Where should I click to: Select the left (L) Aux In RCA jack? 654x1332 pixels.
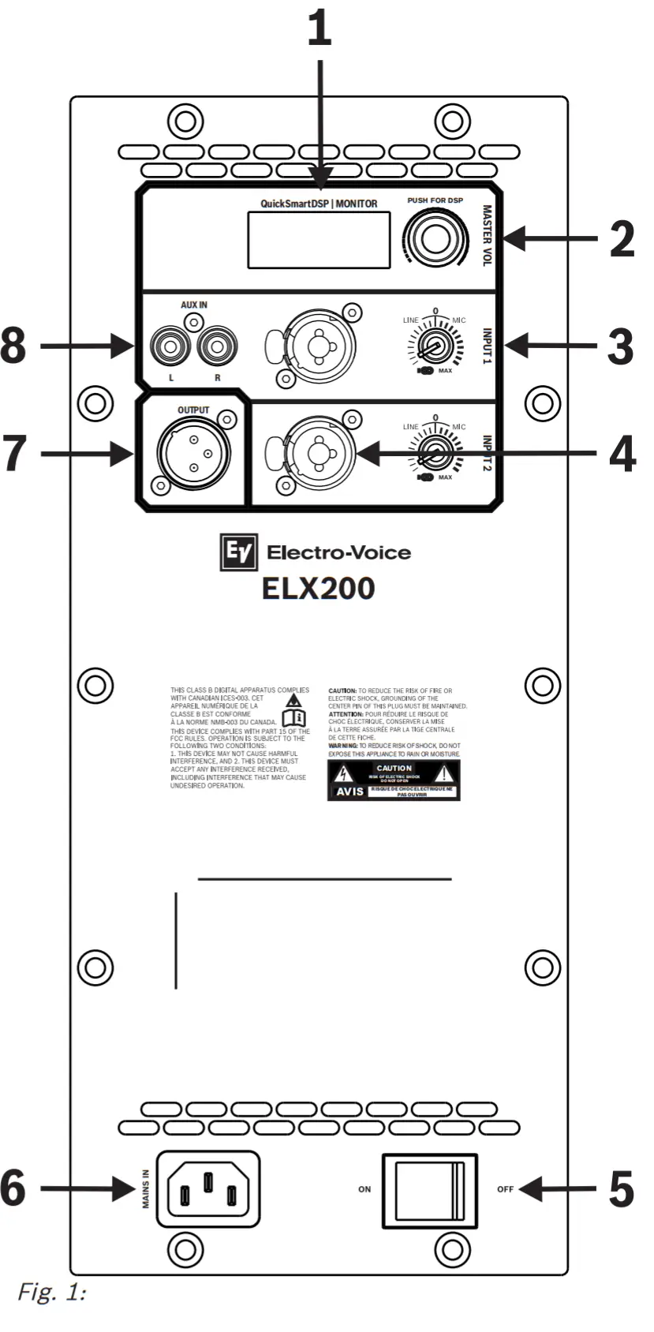[x=171, y=346]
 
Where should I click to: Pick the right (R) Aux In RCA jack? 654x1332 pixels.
[x=217, y=346]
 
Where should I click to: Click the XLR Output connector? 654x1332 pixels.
[x=193, y=453]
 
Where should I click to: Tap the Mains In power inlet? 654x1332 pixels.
[x=208, y=1189]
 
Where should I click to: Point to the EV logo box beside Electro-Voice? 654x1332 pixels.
[x=238, y=552]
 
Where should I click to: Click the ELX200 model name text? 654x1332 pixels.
[x=319, y=589]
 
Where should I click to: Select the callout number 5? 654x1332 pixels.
[x=621, y=1189]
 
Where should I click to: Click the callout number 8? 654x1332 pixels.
[x=13, y=346]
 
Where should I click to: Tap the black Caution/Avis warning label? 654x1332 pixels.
[x=394, y=780]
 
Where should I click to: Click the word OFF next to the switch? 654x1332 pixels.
[x=506, y=1189]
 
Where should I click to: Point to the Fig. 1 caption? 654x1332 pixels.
[x=51, y=1293]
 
